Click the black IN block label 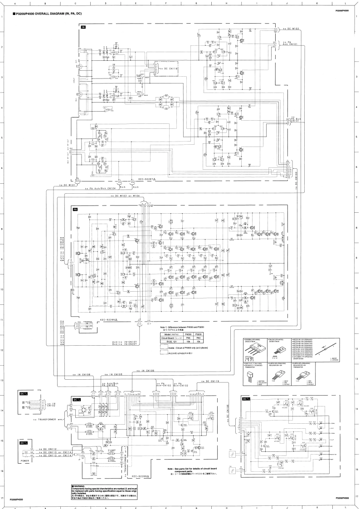pyautogui.click(x=83, y=28)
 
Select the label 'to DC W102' pyautogui.click(x=291, y=28)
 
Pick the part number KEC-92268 pyautogui.click(x=141, y=477)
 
